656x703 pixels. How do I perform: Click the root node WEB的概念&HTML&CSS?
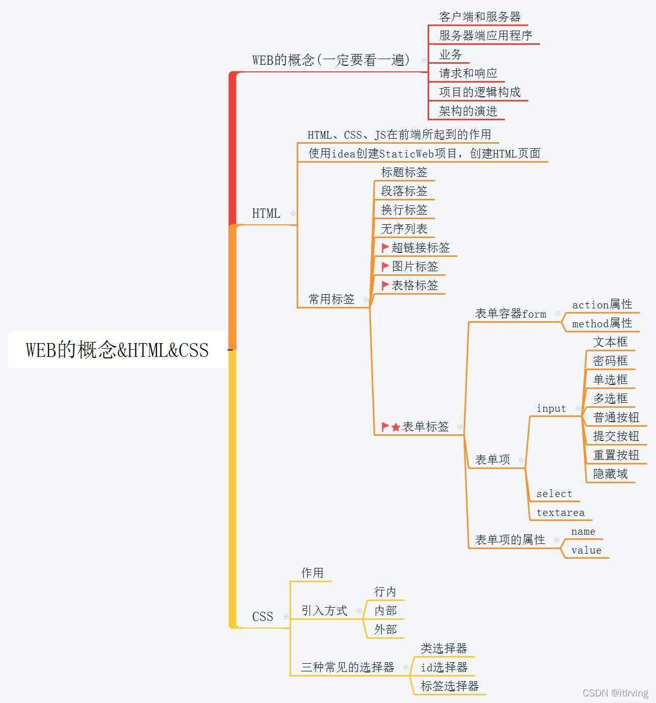tap(117, 350)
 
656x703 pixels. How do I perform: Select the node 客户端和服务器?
tap(480, 17)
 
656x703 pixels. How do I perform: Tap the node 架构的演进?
tap(468, 111)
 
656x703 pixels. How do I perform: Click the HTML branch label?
tap(266, 214)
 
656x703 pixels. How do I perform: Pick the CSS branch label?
tap(263, 617)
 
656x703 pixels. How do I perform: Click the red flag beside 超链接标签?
tap(385, 248)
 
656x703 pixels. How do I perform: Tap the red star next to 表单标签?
tap(396, 427)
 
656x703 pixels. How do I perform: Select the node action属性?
tap(602, 305)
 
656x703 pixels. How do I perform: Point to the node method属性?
tap(602, 324)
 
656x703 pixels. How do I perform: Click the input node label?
tap(551, 409)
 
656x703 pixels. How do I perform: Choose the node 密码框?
tap(610, 361)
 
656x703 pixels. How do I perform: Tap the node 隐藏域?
tap(610, 474)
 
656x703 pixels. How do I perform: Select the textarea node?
tap(560, 513)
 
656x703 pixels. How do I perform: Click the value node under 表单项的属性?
tap(586, 551)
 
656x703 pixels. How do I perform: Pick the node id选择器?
tap(444, 667)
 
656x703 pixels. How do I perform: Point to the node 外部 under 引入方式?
tap(385, 630)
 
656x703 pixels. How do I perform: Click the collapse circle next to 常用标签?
tap(366, 300)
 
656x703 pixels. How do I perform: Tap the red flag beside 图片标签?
tap(385, 267)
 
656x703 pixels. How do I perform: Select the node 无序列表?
tap(404, 229)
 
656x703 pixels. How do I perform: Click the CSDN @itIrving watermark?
tap(615, 693)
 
